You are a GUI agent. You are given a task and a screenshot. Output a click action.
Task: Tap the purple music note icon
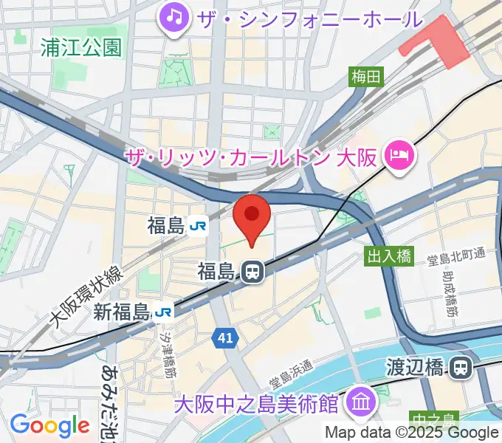pyautogui.click(x=173, y=16)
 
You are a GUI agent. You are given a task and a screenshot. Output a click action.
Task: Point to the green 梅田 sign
pyautogui.click(x=366, y=76)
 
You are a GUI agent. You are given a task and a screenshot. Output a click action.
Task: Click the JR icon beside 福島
pyautogui.click(x=198, y=226)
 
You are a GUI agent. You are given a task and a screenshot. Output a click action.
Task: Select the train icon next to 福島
pyautogui.click(x=252, y=272)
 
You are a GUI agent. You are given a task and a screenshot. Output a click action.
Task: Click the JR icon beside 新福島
pyautogui.click(x=165, y=312)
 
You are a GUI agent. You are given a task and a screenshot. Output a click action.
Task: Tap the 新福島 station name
pyautogui.click(x=122, y=312)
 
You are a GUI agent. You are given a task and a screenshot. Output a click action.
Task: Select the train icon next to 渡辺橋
pyautogui.click(x=462, y=366)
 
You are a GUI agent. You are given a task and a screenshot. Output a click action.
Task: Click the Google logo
pyautogui.click(x=49, y=425)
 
